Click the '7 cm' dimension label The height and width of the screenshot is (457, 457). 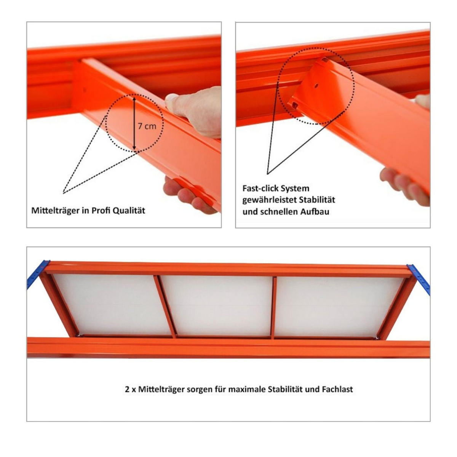(x=147, y=126)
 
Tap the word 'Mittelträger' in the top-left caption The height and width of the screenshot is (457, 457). (x=56, y=211)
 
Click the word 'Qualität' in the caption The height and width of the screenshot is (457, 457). (x=129, y=211)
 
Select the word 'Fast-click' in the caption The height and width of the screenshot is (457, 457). (x=260, y=189)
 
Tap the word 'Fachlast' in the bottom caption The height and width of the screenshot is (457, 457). (x=337, y=389)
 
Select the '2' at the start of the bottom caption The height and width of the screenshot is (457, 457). (x=127, y=390)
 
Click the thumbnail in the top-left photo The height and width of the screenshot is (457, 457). (x=171, y=98)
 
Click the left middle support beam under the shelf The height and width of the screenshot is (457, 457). (x=165, y=307)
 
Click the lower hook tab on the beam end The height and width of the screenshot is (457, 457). (x=295, y=104)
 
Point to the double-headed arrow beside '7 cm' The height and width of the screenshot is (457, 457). (x=134, y=122)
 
